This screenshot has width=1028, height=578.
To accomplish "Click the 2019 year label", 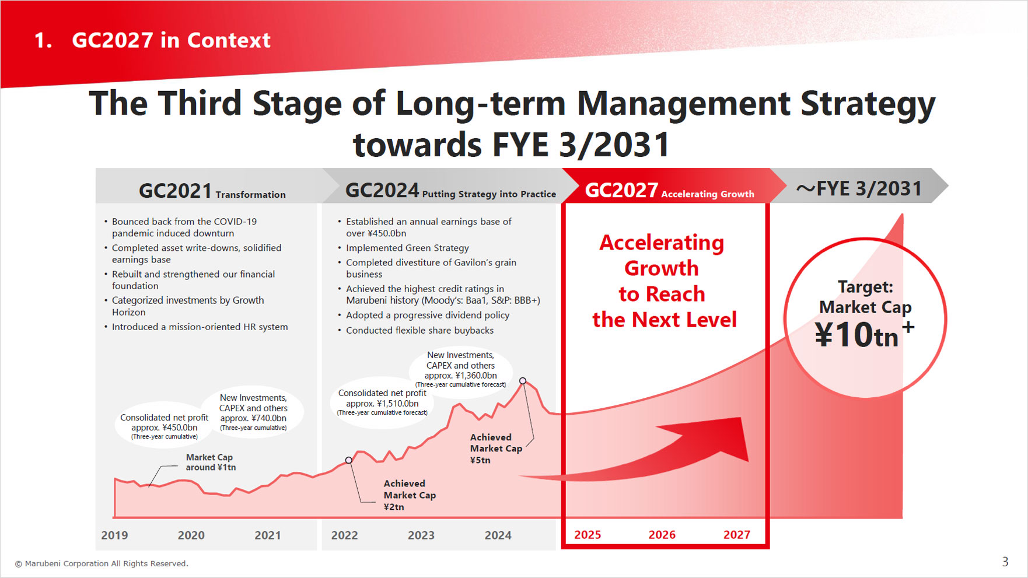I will (x=114, y=535).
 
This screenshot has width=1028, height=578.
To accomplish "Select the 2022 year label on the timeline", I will (x=344, y=535).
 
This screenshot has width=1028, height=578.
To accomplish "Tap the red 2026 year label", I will (x=662, y=535).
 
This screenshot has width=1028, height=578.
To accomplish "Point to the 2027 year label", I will (x=736, y=535).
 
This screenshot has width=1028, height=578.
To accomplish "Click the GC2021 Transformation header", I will (x=212, y=191).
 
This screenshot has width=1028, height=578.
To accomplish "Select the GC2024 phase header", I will (x=450, y=191).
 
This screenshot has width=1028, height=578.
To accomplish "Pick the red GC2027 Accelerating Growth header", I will (x=669, y=191).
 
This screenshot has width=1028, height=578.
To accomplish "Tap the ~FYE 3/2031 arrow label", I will (x=859, y=189).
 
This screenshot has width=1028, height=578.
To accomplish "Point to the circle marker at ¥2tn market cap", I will (x=349, y=460).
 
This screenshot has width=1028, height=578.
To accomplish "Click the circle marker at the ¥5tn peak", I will (x=523, y=381).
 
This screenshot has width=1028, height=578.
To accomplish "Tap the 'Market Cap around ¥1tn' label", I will (x=211, y=463).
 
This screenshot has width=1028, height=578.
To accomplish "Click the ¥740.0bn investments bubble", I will (x=253, y=412).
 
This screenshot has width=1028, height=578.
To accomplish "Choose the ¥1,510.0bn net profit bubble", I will (x=382, y=402).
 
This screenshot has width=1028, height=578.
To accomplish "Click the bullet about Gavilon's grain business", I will (x=431, y=268).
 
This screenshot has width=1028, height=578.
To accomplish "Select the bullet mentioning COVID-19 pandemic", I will (x=184, y=227).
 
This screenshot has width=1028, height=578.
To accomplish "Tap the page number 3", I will (x=1005, y=562).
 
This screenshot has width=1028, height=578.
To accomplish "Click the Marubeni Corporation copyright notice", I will (x=102, y=563).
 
